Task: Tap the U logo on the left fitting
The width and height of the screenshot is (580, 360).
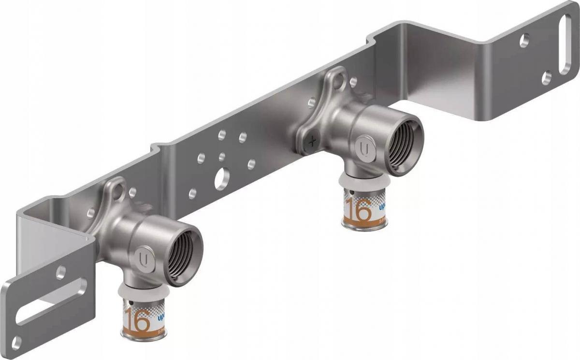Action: click(x=144, y=255)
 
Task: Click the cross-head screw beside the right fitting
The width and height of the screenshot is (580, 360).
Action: click(x=313, y=142)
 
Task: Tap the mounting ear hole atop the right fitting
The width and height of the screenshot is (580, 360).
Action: click(x=336, y=78)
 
